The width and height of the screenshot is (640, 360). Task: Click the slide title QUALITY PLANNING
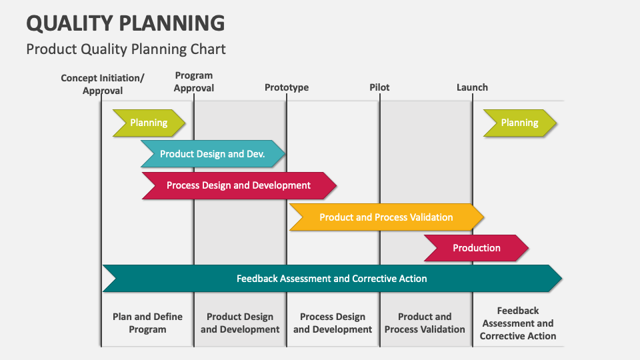(x=125, y=23)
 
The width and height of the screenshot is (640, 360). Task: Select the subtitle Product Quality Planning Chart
(x=126, y=49)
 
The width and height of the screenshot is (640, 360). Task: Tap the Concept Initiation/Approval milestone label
(x=103, y=84)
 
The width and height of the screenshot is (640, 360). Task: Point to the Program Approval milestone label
(x=194, y=82)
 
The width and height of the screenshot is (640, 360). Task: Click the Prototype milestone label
(x=287, y=87)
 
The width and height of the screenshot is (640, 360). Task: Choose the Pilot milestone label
(x=379, y=87)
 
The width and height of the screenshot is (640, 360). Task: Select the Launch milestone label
(x=472, y=87)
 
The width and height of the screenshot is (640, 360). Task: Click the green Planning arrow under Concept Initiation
(x=149, y=123)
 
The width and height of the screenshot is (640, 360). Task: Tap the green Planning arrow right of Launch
(x=519, y=123)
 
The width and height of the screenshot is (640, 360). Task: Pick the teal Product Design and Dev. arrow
(x=213, y=154)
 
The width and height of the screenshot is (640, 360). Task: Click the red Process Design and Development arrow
(x=239, y=185)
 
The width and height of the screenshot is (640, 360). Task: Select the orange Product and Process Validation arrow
(x=386, y=217)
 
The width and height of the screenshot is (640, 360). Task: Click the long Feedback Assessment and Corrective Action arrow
(x=331, y=279)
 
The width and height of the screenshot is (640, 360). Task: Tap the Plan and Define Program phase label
(x=147, y=323)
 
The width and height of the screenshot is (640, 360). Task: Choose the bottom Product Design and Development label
(x=240, y=323)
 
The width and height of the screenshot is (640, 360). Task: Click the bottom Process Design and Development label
(x=333, y=323)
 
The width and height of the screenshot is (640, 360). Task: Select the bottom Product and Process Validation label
(x=425, y=323)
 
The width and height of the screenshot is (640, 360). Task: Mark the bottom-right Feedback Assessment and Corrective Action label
(x=518, y=323)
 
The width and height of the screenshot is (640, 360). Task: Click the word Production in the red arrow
(x=476, y=248)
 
